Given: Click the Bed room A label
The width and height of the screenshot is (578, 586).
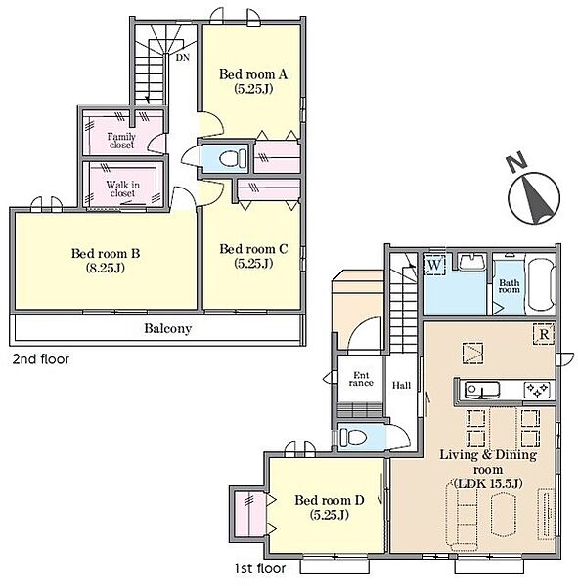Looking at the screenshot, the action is click(253, 74).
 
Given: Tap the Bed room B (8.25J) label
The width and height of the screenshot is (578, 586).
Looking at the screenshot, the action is click(106, 260).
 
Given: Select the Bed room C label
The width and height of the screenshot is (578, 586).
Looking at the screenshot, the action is click(253, 249).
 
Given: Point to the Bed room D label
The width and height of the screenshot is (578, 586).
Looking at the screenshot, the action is click(330, 500).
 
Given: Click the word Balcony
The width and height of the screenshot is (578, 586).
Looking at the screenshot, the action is click(167, 328).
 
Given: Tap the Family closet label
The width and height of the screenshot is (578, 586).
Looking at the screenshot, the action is click(121, 141).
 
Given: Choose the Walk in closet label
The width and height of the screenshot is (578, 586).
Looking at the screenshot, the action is click(123, 188).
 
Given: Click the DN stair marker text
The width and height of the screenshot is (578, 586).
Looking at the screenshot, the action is click(183, 58).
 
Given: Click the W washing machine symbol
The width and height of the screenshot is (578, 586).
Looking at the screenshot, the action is click(434, 265).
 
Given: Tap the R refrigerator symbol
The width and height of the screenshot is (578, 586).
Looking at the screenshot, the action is click(544, 334).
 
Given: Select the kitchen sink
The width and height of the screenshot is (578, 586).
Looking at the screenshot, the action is click(481, 391).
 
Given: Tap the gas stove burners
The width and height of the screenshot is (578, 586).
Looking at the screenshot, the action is click(537, 390).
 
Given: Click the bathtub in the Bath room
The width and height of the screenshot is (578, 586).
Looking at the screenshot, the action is click(541, 283).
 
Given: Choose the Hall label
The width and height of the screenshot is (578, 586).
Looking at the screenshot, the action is click(401, 385).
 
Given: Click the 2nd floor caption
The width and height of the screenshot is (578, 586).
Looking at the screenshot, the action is click(41, 359).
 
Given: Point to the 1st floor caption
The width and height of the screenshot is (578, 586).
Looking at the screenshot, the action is click(260, 568).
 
